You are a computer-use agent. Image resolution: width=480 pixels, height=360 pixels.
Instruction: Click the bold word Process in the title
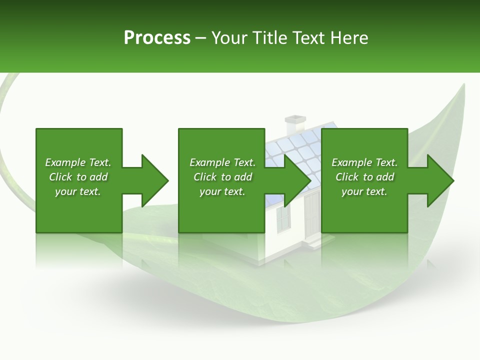tap(156, 38)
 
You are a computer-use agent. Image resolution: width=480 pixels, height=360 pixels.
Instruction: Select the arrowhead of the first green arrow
tap(155, 180)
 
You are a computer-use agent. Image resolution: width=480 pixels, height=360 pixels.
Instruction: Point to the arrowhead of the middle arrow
tap(298, 180)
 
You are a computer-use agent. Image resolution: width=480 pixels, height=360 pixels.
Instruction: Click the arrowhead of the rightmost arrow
tap(440, 180)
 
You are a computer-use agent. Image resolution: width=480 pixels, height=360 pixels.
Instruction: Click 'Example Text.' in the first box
tap(78, 162)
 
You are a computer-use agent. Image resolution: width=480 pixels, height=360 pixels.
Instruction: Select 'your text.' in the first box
tap(78, 191)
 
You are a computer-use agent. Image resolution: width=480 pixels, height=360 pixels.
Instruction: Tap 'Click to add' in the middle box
tap(222, 177)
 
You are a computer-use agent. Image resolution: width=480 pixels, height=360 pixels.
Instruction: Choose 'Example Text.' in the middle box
tap(222, 162)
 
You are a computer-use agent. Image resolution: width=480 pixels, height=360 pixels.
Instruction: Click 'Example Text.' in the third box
tap(364, 162)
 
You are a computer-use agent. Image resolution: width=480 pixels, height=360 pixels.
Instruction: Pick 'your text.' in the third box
tap(364, 191)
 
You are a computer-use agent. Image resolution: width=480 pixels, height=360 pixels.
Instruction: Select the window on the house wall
tap(283, 218)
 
